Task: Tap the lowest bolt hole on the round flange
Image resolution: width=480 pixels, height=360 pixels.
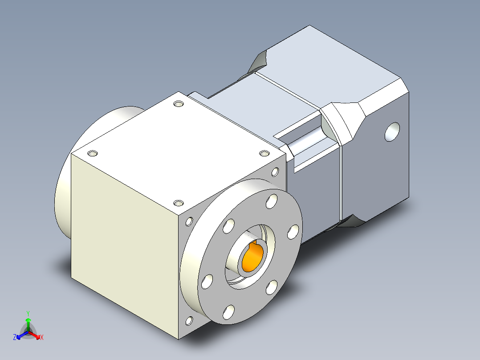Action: point(228,311)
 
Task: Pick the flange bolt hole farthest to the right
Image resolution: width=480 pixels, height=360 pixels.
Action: point(293,232)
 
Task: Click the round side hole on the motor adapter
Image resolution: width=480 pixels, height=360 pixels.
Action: point(391,132)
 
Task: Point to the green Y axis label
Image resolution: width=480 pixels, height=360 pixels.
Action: point(28,313)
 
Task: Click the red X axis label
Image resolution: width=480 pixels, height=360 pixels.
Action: point(42,337)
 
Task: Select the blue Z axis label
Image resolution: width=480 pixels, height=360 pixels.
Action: point(15,337)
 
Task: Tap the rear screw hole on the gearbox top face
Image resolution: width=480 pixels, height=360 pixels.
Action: point(179,104)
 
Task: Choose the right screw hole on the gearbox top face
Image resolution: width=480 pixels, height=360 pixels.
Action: point(264,153)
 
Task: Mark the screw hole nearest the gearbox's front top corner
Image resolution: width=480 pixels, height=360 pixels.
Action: point(178,203)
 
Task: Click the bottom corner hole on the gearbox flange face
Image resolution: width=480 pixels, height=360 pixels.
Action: point(189,320)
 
